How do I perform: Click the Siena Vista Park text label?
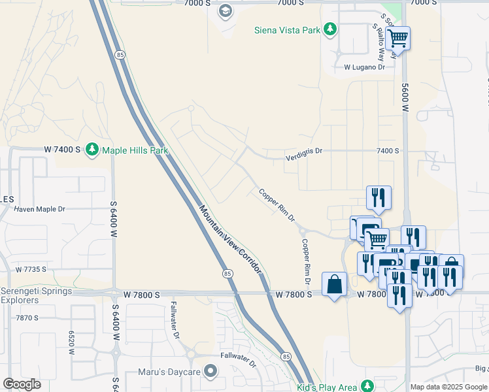288,29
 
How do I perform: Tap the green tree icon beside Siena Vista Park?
330,29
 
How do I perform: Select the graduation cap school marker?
226,10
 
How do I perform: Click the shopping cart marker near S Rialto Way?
397,39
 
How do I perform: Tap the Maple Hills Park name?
135,150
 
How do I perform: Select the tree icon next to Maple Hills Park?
92,150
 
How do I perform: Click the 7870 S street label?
27,318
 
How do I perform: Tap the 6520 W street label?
71,342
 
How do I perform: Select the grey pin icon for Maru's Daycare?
210,372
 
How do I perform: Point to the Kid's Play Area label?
326,387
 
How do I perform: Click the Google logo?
22,384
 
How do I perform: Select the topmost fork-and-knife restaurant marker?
379,197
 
